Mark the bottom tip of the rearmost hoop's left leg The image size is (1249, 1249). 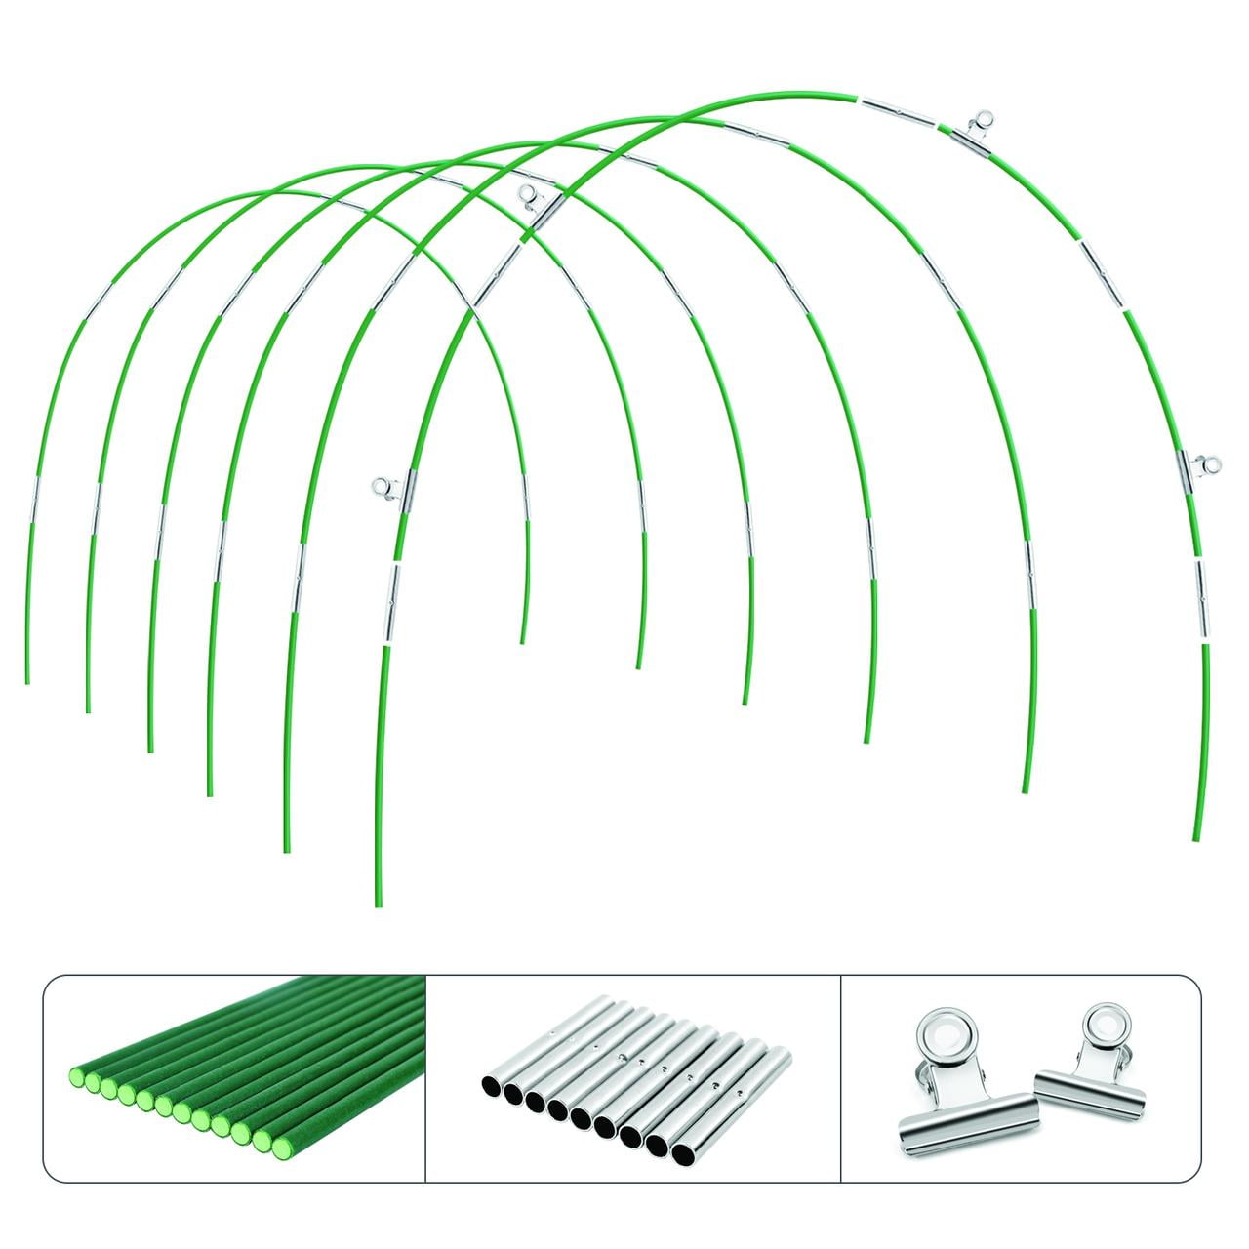(26, 681)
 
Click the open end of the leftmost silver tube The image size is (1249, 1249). (490, 1086)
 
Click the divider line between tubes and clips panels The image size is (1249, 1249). (840, 1078)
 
